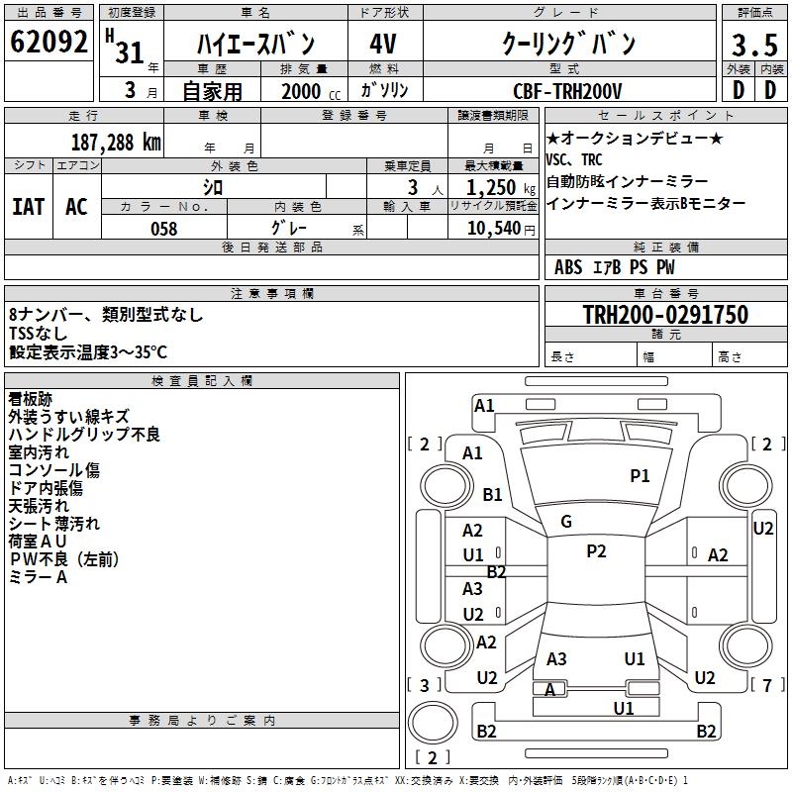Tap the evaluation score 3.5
point(753,45)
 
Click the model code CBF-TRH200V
point(567,91)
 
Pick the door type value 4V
point(382,45)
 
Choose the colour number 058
point(163,229)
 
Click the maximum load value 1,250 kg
point(494,186)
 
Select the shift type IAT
point(28,207)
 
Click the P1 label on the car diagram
point(640,476)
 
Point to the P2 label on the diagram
point(595,551)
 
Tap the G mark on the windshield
point(565,521)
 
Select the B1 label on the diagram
point(492,494)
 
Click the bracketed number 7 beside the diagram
point(767,685)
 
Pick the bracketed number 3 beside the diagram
point(424,685)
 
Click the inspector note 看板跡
point(30,399)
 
